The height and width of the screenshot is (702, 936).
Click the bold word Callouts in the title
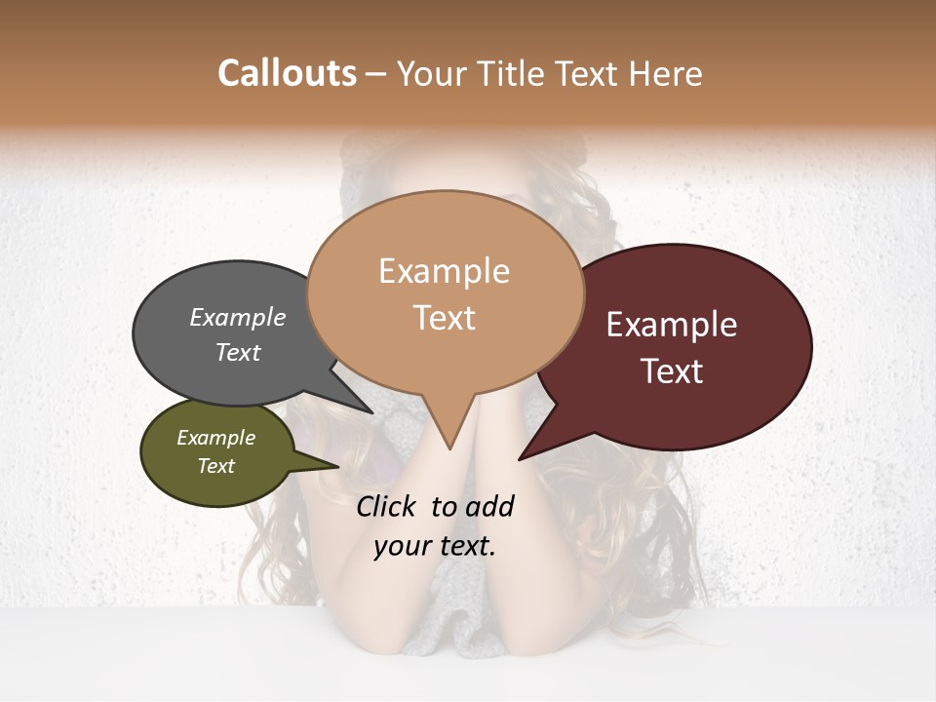(x=287, y=73)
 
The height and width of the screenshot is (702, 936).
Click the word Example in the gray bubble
(x=238, y=317)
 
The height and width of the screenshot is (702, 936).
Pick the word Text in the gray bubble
(x=238, y=352)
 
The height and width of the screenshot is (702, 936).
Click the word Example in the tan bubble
(x=444, y=271)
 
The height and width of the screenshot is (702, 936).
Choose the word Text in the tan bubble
(x=444, y=318)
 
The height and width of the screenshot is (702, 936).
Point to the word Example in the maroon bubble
(x=672, y=325)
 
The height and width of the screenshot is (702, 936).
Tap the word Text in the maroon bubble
(x=672, y=371)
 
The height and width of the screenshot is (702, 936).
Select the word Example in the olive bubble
(x=215, y=438)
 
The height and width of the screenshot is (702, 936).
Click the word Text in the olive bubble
(x=215, y=466)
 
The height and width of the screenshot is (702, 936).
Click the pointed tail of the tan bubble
(x=448, y=447)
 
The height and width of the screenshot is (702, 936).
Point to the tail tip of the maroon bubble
(x=522, y=457)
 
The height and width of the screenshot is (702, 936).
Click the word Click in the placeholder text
(x=388, y=506)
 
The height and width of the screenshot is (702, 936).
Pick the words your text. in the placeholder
(x=435, y=546)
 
